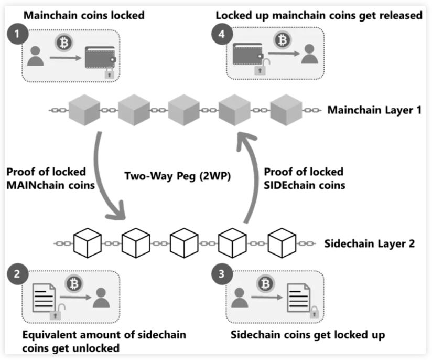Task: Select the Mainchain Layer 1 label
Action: point(374,111)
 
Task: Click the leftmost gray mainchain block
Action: point(84,111)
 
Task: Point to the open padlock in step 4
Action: point(259,68)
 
